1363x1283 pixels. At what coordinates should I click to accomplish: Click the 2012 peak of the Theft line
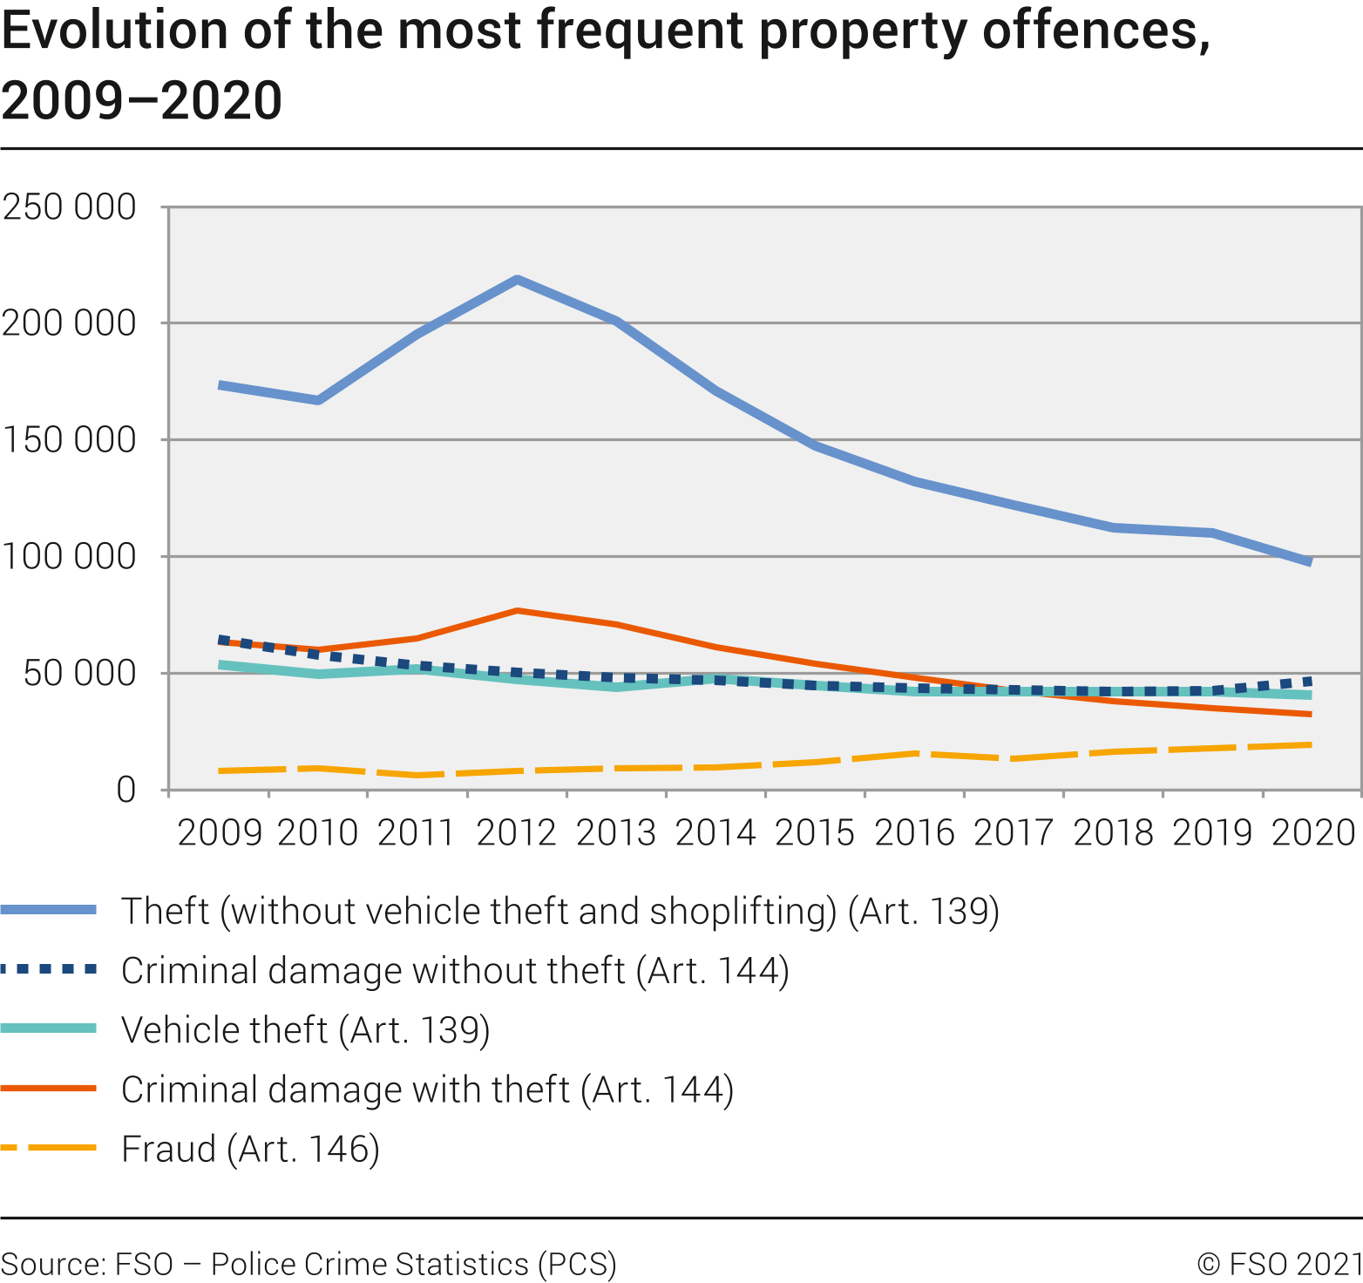coord(517,280)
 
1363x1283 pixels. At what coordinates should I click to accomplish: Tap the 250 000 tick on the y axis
coord(70,207)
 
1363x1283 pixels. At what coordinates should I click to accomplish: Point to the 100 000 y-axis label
coord(70,556)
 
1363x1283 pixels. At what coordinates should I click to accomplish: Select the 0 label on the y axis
coord(125,790)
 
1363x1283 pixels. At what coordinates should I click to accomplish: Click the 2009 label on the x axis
coord(220,832)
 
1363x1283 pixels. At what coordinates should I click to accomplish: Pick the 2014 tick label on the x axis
coord(715,832)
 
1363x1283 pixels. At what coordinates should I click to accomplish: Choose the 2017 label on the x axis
coord(1014,832)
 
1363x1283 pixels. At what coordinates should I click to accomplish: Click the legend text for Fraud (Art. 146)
coord(251,1149)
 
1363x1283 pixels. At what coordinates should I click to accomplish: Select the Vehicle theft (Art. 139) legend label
coord(306,1030)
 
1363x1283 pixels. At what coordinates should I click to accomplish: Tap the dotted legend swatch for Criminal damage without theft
coord(49,969)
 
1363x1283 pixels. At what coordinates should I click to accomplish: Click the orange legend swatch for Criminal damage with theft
coord(49,1089)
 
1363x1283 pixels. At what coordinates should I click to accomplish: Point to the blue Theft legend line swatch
coord(49,910)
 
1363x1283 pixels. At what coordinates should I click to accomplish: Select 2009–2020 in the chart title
coord(142,100)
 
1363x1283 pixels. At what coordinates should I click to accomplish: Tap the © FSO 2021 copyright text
coord(1278,1263)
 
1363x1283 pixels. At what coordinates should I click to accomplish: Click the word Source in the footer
coord(51,1263)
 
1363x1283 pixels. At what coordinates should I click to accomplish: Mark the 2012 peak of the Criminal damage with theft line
coord(517,611)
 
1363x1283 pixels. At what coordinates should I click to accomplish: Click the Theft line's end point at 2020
coord(1310,562)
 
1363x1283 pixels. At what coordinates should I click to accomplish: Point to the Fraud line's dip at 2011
coord(418,775)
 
